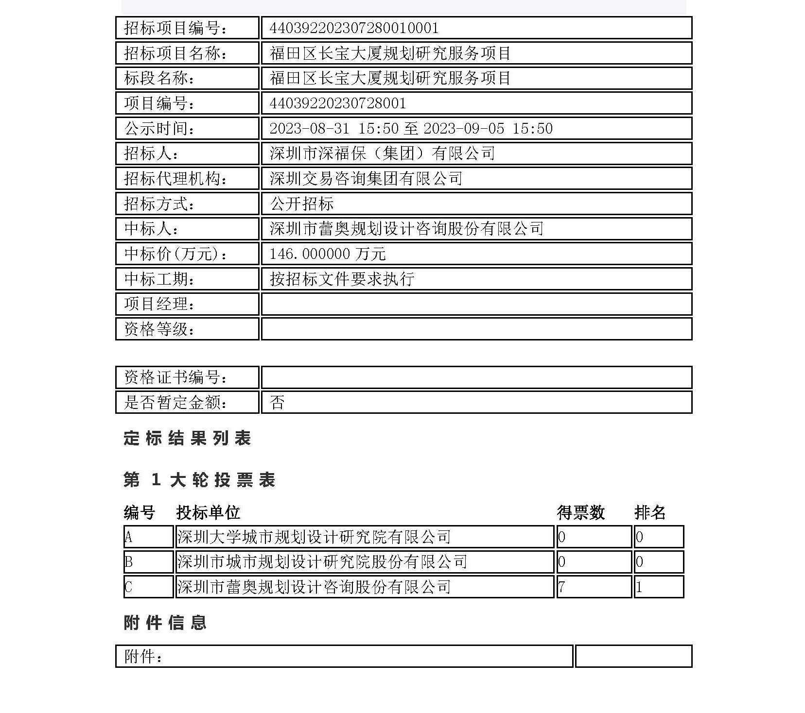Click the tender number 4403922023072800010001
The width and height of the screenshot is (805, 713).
(x=354, y=28)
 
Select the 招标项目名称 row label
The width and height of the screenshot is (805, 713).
(x=175, y=53)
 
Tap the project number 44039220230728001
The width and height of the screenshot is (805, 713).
(x=337, y=103)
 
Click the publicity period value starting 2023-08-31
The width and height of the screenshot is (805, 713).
(x=411, y=129)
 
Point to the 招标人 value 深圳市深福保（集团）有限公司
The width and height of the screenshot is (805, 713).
(x=382, y=153)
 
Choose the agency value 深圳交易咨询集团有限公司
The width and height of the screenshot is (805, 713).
(x=366, y=179)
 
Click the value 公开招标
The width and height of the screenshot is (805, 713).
(x=301, y=204)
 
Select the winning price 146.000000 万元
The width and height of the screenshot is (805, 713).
(x=327, y=254)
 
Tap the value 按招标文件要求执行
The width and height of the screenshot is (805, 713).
(x=342, y=279)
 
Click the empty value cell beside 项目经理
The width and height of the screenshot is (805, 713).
(x=476, y=305)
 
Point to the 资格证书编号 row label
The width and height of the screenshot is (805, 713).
(x=175, y=377)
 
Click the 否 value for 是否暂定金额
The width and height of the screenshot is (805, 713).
(x=277, y=403)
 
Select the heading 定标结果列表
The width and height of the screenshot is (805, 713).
(x=187, y=439)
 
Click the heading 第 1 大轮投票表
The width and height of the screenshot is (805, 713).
(x=199, y=480)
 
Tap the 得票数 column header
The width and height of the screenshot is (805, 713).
(x=580, y=512)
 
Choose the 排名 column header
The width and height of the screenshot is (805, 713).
(x=650, y=512)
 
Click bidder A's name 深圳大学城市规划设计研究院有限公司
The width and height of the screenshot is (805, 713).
(x=314, y=537)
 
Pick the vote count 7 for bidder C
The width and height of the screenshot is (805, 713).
(x=562, y=587)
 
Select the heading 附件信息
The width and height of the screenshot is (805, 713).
(x=165, y=623)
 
